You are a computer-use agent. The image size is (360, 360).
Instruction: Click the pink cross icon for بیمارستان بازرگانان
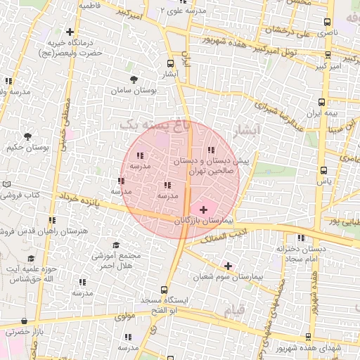pyautogui.click(x=204, y=210)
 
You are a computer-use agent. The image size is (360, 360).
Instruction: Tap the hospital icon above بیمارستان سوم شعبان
pyautogui.click(x=228, y=266)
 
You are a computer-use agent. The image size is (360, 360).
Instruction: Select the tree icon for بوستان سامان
pyautogui.click(x=134, y=79)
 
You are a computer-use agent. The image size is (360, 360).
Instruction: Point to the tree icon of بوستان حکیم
pyautogui.click(x=27, y=136)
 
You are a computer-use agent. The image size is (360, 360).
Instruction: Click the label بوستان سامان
pyautogui.click(x=138, y=91)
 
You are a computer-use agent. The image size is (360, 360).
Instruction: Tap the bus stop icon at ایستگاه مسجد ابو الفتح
pyautogui.click(x=164, y=289)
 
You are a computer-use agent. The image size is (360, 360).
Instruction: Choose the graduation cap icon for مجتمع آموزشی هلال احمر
pyautogui.click(x=116, y=245)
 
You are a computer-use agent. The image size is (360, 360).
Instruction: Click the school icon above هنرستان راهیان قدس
pyautogui.click(x=52, y=219)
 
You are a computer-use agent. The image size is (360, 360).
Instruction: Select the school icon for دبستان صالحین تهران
pyautogui.click(x=212, y=150)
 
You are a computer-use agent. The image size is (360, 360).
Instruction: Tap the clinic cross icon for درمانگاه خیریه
pyautogui.click(x=69, y=32)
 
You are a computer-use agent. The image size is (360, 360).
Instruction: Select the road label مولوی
pyautogui.click(x=124, y=316)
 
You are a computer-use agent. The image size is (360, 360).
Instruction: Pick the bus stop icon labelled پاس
pyautogui.click(x=323, y=169)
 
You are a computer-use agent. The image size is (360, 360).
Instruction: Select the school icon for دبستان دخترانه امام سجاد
pyautogui.click(x=301, y=238)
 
